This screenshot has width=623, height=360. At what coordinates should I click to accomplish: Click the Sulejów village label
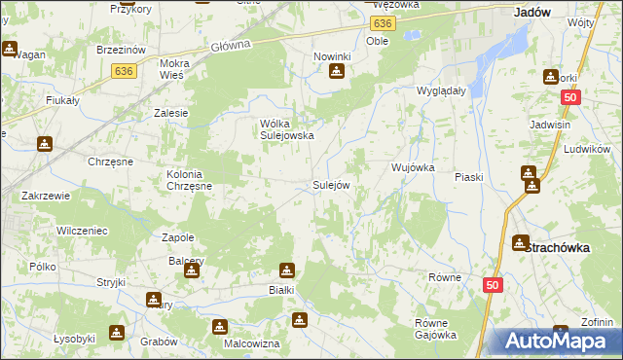330,184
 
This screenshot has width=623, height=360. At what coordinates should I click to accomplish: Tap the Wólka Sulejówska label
286,130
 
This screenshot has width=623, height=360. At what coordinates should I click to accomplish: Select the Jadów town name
531,13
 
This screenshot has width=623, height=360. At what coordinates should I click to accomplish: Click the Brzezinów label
122,49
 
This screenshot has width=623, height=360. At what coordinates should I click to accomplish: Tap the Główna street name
232,44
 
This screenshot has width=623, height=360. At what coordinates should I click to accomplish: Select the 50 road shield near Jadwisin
571,97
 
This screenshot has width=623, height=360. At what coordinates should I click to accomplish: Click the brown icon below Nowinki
336,72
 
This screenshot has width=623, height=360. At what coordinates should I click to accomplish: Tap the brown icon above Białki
287,270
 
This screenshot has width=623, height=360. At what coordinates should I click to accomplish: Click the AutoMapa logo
557,342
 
